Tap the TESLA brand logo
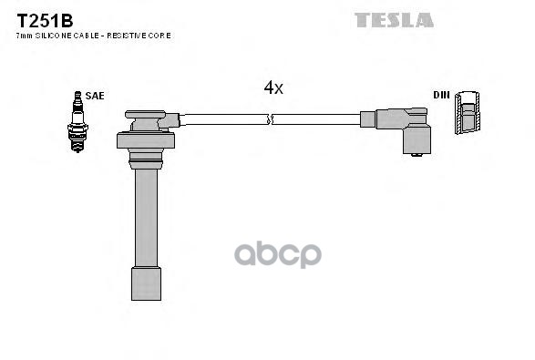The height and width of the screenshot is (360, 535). pos(394,19)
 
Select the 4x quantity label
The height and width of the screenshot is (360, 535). pos(273,87)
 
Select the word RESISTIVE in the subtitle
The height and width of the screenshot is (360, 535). pos(132,35)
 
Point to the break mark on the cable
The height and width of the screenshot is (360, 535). pos(270,118)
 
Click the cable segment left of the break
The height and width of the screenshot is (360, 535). pos(223,118)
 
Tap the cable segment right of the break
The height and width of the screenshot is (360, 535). pos(315,118)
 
